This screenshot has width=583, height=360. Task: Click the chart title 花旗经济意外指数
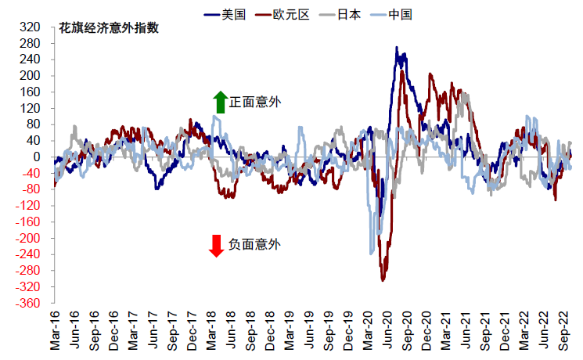110,28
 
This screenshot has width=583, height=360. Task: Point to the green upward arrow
220,102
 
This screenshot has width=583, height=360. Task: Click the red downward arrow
217,246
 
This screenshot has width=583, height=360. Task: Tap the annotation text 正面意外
255,102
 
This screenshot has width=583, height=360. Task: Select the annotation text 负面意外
254,245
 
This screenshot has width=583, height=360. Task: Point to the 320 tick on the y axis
29,27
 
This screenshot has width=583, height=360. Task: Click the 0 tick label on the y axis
35,157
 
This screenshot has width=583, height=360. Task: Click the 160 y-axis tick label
29,92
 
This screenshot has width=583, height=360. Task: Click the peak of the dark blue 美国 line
397,48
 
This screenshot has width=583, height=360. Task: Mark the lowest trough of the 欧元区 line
383,279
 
